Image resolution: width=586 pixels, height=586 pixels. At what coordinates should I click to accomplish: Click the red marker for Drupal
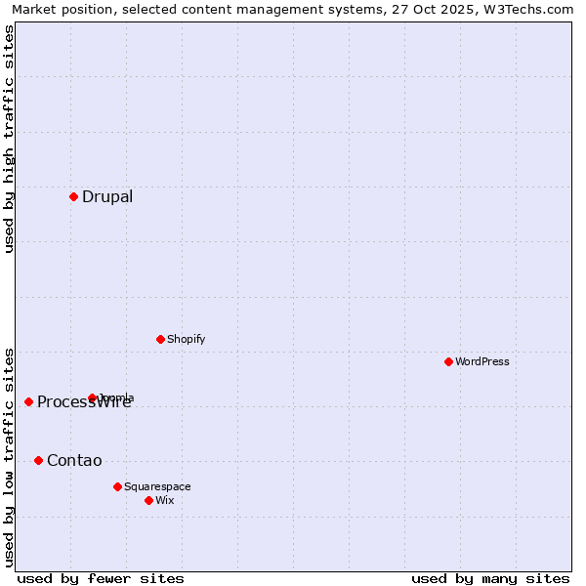(x=73, y=196)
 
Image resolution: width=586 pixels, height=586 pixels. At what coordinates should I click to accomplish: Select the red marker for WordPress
(x=448, y=361)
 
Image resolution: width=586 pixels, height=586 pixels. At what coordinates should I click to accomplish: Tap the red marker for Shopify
(x=160, y=339)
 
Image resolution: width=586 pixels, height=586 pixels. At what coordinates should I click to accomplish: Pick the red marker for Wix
(x=148, y=500)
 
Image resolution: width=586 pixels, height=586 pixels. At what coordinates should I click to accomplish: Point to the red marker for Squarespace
(x=117, y=486)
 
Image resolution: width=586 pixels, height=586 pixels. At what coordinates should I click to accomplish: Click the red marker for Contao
(x=38, y=460)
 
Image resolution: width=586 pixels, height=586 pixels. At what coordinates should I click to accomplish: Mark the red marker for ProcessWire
(x=28, y=401)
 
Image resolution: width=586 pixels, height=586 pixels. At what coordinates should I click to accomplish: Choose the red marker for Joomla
(x=92, y=398)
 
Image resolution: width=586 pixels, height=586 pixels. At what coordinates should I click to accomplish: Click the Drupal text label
(x=107, y=196)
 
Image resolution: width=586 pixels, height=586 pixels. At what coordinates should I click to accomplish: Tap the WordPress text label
(x=482, y=361)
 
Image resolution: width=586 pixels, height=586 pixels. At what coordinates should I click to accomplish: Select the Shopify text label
(x=186, y=339)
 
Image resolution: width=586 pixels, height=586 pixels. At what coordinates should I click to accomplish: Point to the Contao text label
(x=74, y=460)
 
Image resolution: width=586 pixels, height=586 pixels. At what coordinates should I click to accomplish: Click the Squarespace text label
(x=157, y=486)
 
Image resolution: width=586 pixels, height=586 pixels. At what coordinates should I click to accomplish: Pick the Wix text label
(x=165, y=500)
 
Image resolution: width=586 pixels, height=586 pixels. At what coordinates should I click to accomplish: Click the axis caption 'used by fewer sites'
(x=101, y=578)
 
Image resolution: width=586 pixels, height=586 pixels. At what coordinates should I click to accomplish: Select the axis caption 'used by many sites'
(x=490, y=578)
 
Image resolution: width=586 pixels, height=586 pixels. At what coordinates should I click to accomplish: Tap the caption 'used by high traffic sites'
(x=9, y=139)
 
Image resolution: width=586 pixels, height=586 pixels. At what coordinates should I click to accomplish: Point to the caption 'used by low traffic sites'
(x=9, y=457)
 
